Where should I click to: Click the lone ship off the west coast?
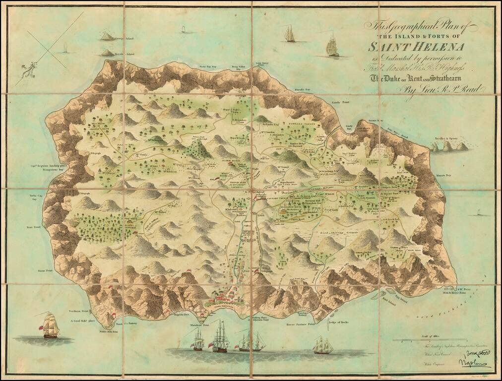click(x=51, y=325)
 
